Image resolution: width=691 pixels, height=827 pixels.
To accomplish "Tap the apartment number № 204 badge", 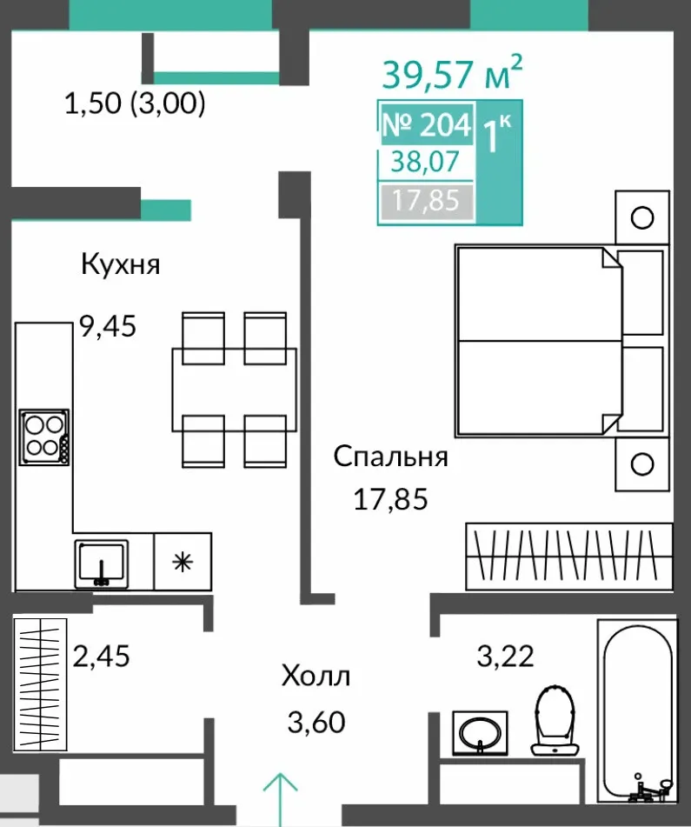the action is click(427, 124).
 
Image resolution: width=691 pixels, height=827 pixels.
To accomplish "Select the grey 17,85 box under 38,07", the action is click(426, 201).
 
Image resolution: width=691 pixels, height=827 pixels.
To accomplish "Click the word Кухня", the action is click(121, 264).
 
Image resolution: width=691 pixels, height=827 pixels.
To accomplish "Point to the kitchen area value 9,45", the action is click(108, 326).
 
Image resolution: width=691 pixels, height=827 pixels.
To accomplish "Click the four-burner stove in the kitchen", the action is click(44, 437).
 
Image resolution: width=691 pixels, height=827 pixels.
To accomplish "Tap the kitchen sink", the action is click(101, 564).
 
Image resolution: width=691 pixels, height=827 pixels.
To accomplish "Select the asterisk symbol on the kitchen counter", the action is click(183, 563).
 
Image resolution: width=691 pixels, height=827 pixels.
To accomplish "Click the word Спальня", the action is click(390, 457).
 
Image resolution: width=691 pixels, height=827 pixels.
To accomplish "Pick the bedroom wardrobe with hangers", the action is click(569, 557).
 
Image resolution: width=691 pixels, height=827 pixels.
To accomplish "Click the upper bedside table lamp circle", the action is click(642, 217).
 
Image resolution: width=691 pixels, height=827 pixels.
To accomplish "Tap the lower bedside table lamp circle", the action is click(642, 464).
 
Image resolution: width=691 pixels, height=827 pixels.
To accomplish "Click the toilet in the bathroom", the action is click(555, 720).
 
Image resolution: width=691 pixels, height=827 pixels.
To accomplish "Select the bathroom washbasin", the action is click(480, 733).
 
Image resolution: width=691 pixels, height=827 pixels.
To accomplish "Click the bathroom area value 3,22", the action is click(506, 656).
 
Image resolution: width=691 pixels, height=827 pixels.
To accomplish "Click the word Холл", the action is click(316, 676).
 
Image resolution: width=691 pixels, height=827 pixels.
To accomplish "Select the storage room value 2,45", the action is click(101, 656).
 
